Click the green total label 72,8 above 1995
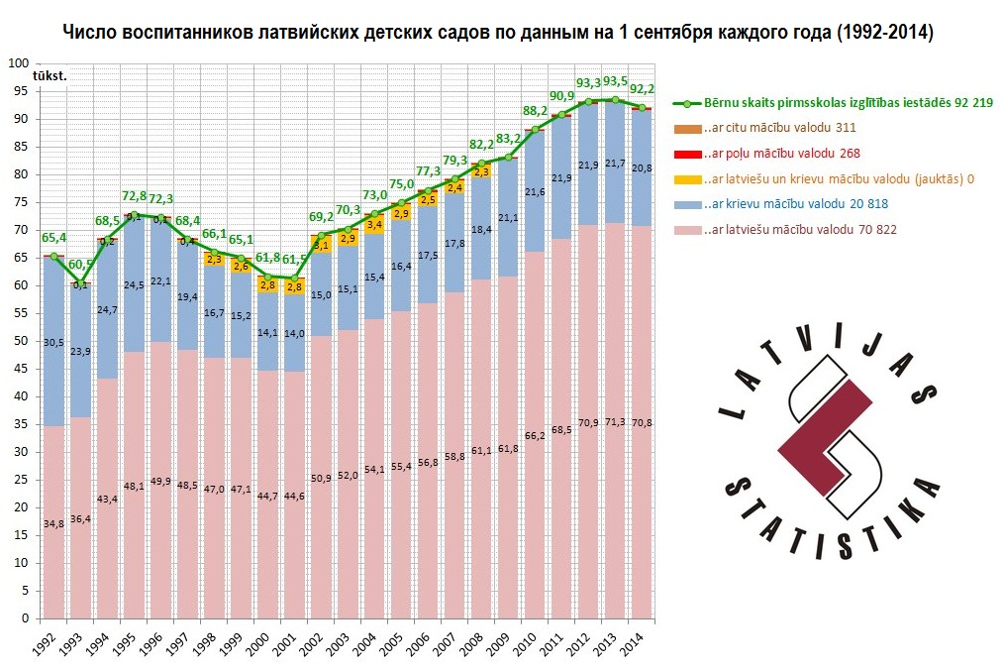pyautogui.click(x=134, y=197)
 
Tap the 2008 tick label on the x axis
pyautogui.click(x=474, y=640)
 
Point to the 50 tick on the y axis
pyautogui.click(x=20, y=341)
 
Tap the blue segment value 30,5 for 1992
pyautogui.click(x=55, y=343)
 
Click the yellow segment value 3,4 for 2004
pyautogui.click(x=374, y=225)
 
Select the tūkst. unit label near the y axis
pyautogui.click(x=50, y=75)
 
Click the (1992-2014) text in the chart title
pyautogui.click(x=882, y=33)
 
